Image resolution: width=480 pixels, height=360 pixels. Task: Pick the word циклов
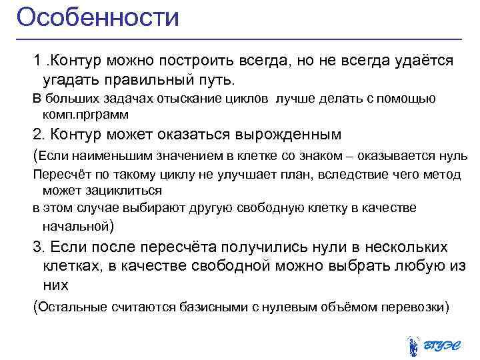coord(247,99)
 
